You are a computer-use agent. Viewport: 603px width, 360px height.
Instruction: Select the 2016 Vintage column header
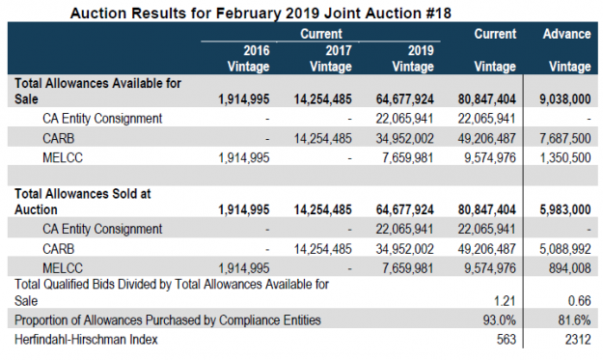pos(240,59)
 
